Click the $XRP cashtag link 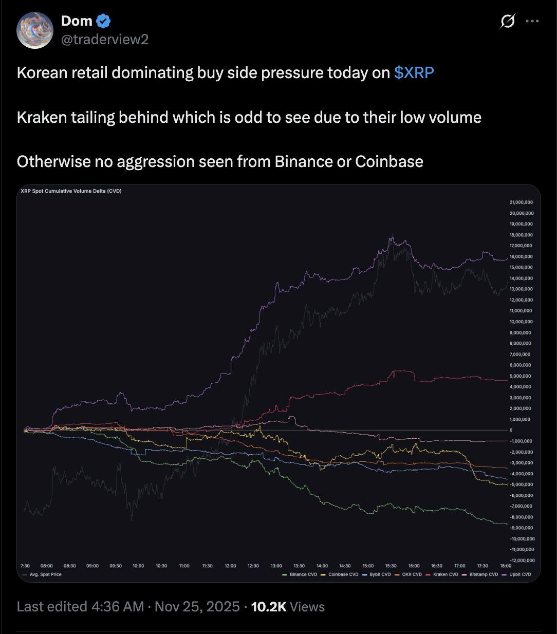tap(414, 73)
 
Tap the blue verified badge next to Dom tap(104, 21)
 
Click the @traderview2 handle tap(105, 40)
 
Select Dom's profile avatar tap(35, 30)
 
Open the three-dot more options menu tap(532, 21)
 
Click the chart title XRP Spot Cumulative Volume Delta tap(71, 191)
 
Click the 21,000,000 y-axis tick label tap(522, 202)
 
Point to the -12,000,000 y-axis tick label tap(522, 561)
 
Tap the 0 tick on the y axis tap(511, 430)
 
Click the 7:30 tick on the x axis tap(25, 566)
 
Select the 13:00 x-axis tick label tap(276, 566)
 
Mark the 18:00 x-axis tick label tap(506, 566)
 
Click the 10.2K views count tap(268, 607)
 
